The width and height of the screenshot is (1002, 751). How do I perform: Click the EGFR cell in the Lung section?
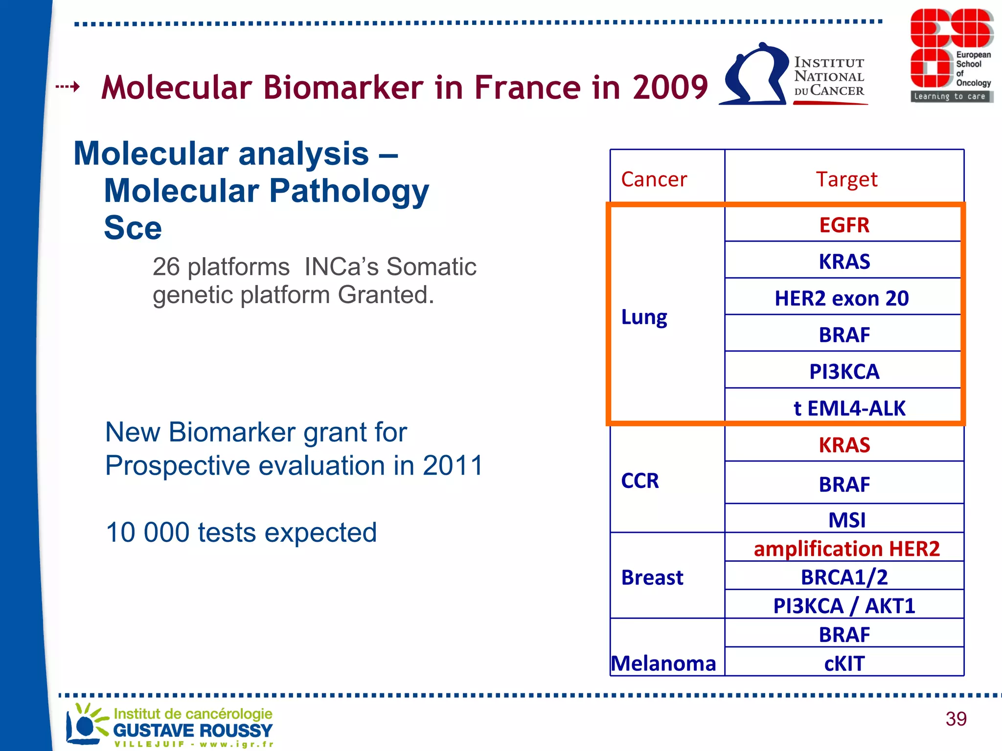click(844, 225)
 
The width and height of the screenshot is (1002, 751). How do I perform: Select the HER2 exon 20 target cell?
click(842, 298)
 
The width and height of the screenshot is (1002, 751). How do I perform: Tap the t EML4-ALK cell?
click(849, 408)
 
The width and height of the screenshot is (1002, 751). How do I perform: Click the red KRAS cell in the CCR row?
click(844, 445)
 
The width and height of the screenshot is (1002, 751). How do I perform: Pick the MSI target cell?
click(846, 519)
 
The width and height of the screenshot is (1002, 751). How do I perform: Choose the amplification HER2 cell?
click(846, 548)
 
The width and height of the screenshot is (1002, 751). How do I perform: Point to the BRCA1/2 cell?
click(844, 577)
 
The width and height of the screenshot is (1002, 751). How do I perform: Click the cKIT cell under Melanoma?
click(844, 663)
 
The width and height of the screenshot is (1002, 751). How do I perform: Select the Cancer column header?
click(654, 179)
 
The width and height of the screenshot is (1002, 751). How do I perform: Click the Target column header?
click(846, 179)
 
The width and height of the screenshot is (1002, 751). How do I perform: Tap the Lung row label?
click(644, 317)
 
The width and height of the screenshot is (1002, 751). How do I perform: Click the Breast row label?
click(652, 577)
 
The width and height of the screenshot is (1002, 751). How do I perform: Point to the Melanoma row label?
click(663, 663)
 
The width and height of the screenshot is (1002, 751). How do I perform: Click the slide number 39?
click(956, 719)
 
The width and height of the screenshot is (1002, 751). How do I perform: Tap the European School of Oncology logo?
click(951, 55)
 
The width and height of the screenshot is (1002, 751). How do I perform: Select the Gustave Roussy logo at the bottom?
click(169, 725)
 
